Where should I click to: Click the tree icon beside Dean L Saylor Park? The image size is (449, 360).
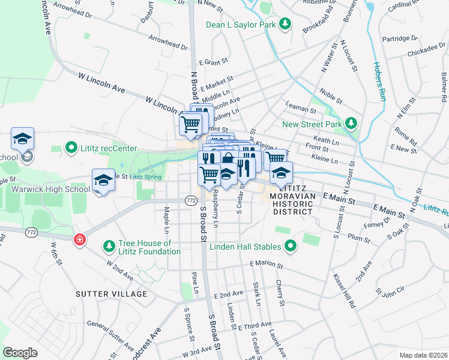286,25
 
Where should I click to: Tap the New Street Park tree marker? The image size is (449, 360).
352,124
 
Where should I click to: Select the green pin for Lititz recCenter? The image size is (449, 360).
71,148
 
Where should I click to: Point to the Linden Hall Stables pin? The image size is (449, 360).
291,247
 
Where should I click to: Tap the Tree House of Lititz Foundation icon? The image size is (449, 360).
109,246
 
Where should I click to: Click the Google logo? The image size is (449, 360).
20,353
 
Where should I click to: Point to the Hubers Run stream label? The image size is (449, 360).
378,80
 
